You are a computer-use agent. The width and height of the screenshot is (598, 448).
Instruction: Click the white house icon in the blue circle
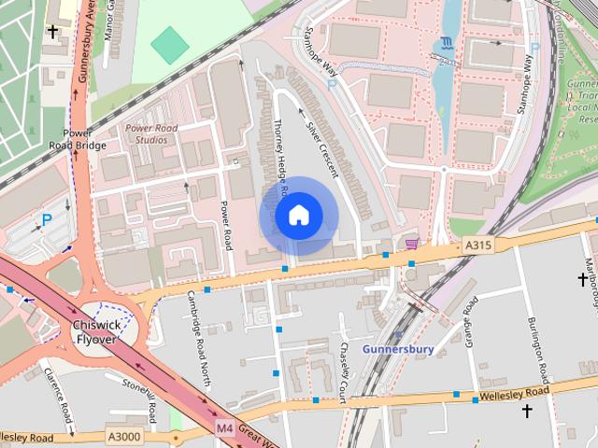tap(297, 216)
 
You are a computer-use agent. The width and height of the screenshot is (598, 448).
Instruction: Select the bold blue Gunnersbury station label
tap(398, 349)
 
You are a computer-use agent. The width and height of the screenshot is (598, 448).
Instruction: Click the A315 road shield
tap(478, 245)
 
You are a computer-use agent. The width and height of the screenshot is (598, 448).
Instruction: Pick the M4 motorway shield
tap(223, 427)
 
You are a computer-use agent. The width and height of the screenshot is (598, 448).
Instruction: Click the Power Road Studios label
tap(147, 133)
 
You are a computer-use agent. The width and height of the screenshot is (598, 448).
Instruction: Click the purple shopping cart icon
tap(412, 244)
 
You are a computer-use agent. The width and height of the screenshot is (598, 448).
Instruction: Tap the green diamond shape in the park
tap(169, 45)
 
